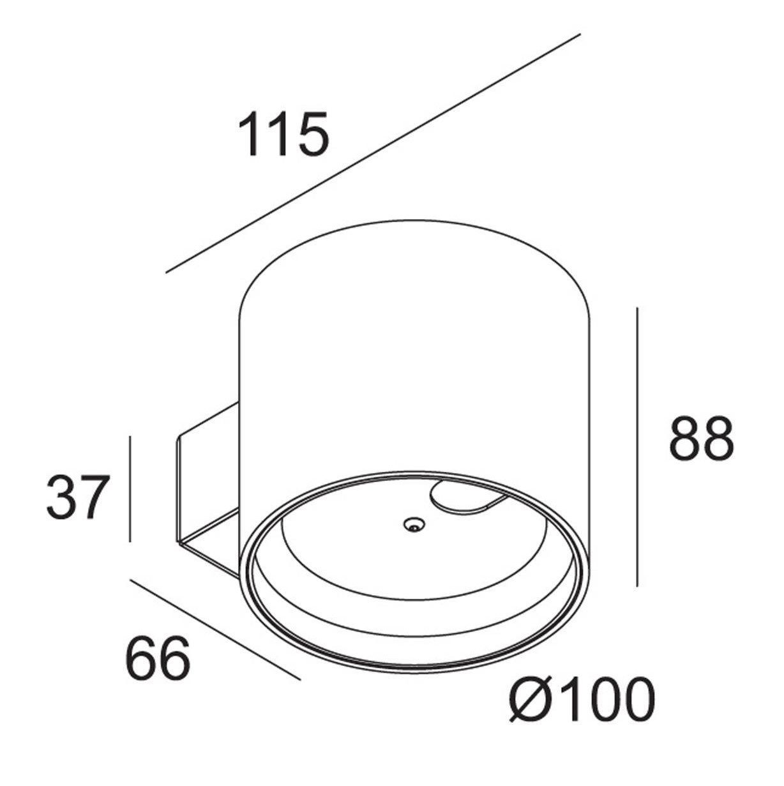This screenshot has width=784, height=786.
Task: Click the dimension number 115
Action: [283, 133]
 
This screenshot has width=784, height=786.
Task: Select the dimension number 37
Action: [79, 497]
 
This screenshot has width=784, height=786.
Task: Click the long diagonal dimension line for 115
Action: [373, 153]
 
